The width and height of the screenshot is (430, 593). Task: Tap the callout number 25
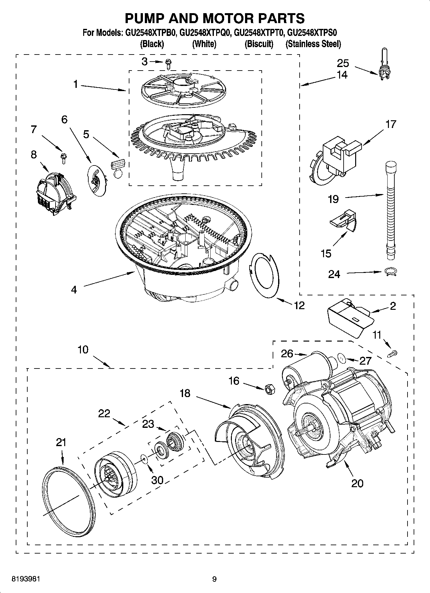point(343,63)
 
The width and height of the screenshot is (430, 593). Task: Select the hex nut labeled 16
point(269,389)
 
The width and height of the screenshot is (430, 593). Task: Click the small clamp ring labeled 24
point(391,272)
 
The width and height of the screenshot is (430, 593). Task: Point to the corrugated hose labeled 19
point(391,212)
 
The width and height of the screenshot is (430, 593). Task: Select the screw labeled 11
point(393,353)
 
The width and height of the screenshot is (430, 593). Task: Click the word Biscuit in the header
point(259,44)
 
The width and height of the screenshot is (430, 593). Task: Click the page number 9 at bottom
point(215,579)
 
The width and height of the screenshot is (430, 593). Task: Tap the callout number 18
point(185,393)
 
